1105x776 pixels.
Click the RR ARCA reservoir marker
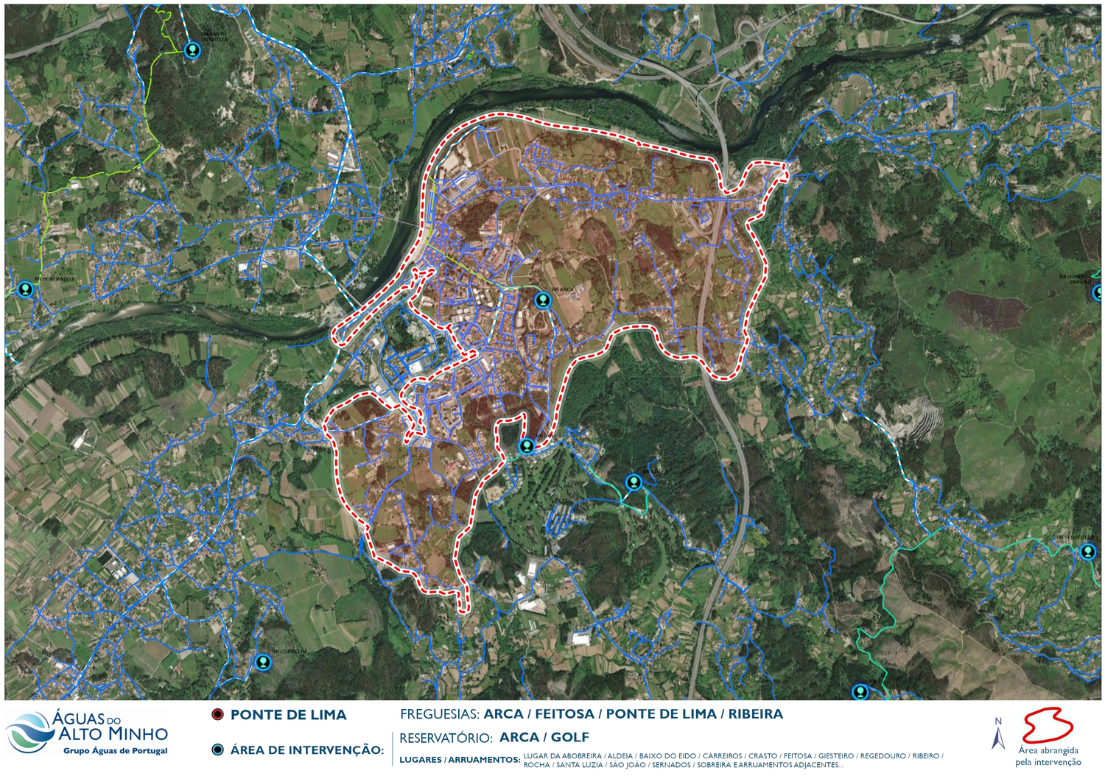pos(542,300)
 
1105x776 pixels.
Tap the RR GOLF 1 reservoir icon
pos(526,445)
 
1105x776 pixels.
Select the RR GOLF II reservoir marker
pos(634,482)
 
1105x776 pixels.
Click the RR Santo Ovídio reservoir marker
pos(192,50)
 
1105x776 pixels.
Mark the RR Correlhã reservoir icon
pos(262,662)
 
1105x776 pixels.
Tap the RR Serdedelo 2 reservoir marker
pos(1087,551)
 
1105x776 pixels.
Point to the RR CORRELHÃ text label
pos(290,652)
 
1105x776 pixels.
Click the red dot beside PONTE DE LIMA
pos(217,715)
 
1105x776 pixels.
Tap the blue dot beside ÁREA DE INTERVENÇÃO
pos(217,749)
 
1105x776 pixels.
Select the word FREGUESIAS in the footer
pos(439,714)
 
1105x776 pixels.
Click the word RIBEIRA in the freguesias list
pos(755,714)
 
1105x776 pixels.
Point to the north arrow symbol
pos(998,733)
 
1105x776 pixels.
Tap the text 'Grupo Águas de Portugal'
pos(116,751)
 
